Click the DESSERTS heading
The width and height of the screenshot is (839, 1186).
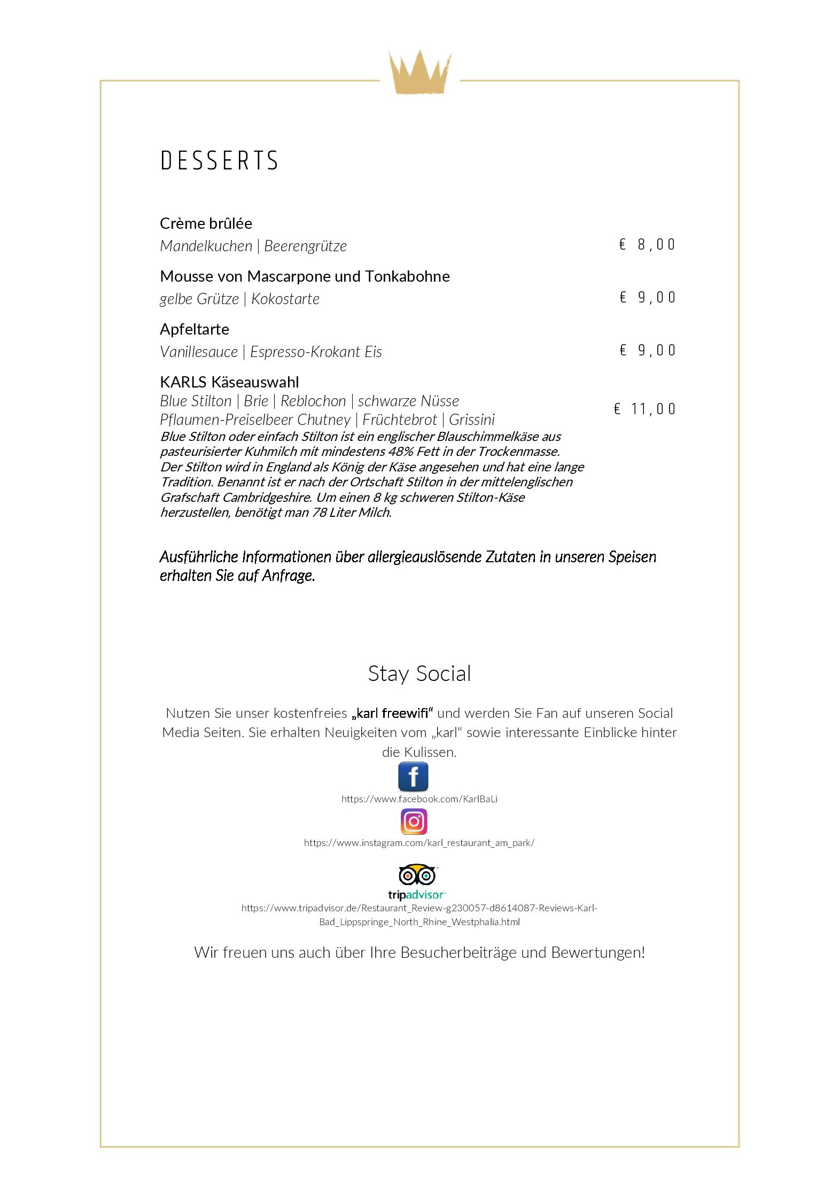click(219, 161)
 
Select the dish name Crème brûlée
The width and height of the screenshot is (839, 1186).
click(206, 223)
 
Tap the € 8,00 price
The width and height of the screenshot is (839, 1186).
click(647, 245)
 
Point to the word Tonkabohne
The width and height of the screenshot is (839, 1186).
click(407, 276)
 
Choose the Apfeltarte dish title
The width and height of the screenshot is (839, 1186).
click(195, 329)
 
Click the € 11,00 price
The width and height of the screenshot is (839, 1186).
click(644, 409)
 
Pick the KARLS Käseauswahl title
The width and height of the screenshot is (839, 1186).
click(229, 382)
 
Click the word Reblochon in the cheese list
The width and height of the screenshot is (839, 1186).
click(313, 401)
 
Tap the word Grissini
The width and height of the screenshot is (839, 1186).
click(472, 420)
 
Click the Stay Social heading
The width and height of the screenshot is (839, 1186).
click(419, 673)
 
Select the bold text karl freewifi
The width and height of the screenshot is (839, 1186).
click(392, 714)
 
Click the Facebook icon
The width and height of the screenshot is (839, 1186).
click(413, 777)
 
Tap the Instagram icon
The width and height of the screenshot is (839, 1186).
click(414, 822)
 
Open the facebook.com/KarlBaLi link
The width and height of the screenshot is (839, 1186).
click(419, 800)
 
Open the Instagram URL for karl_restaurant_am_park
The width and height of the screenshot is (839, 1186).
click(419, 843)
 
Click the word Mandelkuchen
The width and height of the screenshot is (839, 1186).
click(206, 246)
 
